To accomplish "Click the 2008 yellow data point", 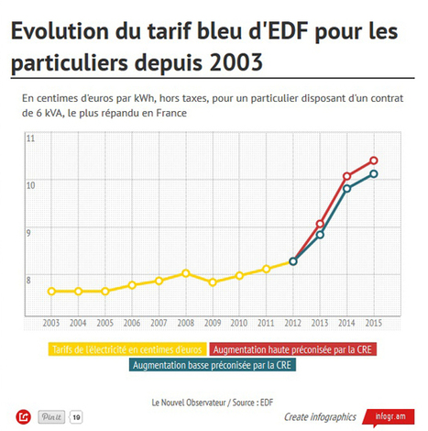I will [x=186, y=273].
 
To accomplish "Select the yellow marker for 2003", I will [x=51, y=292].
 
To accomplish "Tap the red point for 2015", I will [x=374, y=160].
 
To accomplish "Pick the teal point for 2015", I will [x=374, y=174].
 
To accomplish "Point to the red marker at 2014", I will [x=347, y=176].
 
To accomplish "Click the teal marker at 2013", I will [x=320, y=235].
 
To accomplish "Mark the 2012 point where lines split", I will [x=293, y=261].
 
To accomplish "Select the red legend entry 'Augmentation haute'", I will [x=293, y=348].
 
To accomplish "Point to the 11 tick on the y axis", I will [x=30, y=138].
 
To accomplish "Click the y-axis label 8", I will [x=30, y=280].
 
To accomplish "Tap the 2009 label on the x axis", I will [x=213, y=324].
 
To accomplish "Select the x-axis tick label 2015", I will [x=374, y=324].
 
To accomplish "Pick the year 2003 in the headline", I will [x=229, y=65].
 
